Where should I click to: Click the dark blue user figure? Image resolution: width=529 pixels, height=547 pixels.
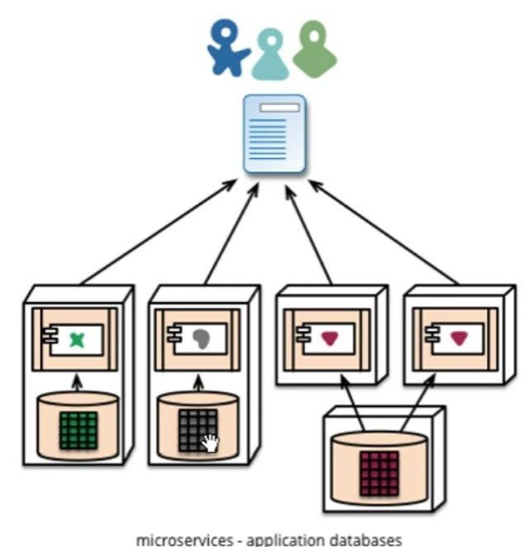226,47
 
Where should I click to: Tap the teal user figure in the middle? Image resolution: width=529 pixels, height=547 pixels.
270,55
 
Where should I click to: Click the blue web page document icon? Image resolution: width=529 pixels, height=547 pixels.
274,133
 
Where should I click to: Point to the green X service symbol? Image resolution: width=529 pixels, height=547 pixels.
77,339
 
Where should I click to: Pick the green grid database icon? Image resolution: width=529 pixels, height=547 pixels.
78,430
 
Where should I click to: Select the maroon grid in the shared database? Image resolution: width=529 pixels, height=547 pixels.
379,473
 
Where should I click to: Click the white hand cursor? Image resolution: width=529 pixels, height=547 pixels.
211,443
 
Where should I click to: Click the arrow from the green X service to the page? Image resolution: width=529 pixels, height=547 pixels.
157,233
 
